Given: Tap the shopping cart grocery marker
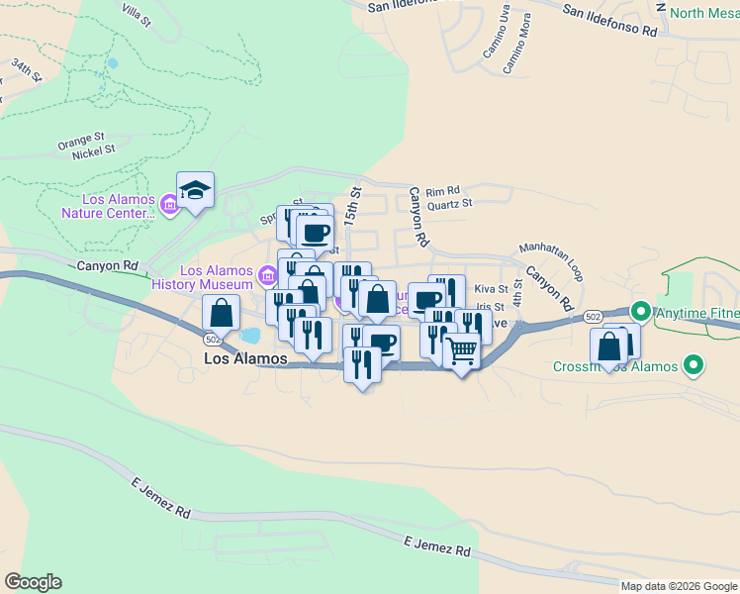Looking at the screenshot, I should pos(461,350).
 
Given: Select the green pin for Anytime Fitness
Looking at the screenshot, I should pos(641,314).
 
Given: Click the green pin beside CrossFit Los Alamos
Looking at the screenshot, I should pos(694,366).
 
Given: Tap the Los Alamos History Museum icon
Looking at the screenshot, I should pos(265,275).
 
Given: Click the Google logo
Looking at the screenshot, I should pos(33,582).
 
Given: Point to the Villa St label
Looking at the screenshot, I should pos(136,14).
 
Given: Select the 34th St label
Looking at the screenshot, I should pos(27,69).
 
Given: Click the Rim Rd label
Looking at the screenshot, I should pos(443,191).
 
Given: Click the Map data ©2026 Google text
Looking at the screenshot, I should pos(679,586).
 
